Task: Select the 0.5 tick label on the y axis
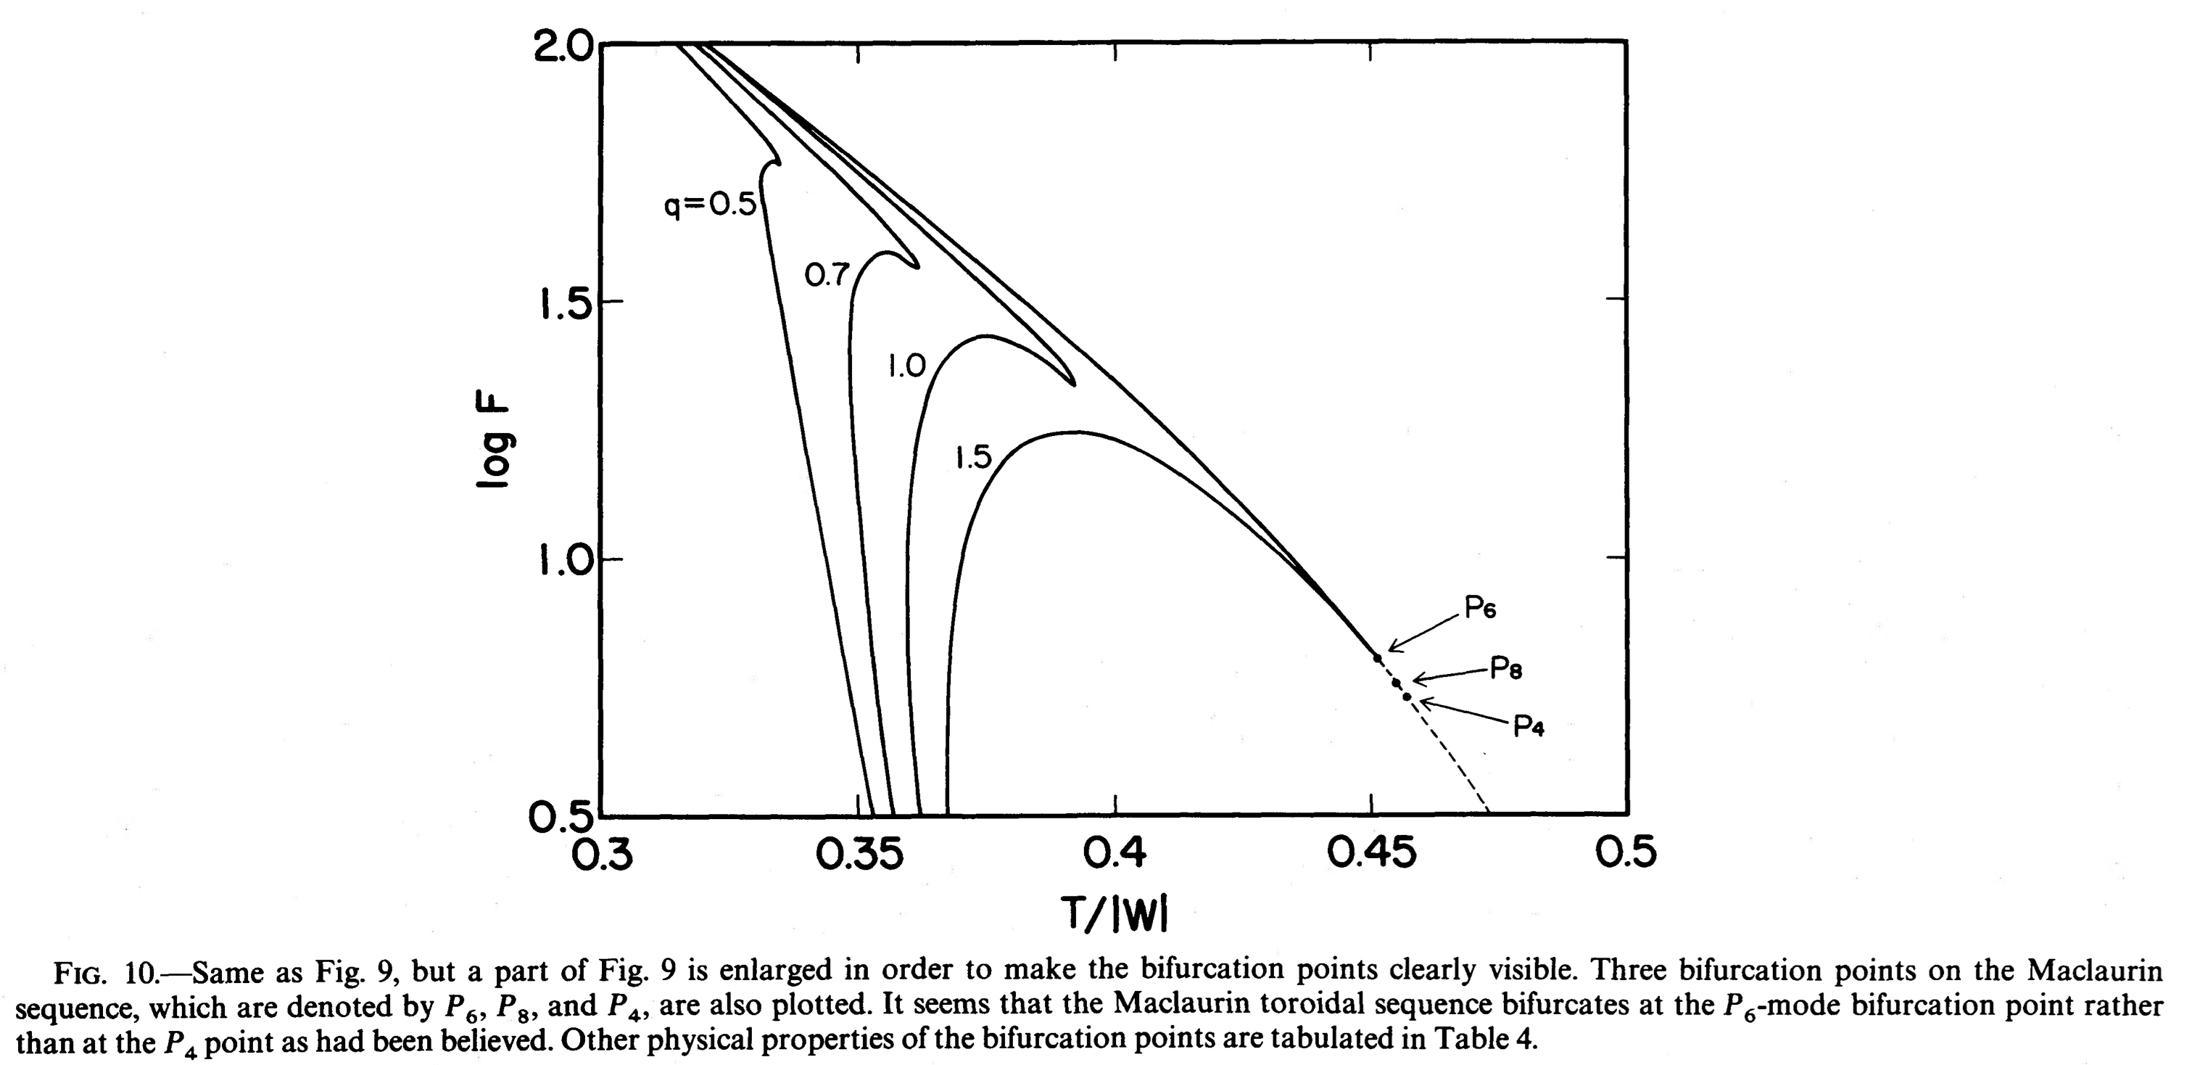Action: click(x=562, y=817)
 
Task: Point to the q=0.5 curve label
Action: click(x=710, y=205)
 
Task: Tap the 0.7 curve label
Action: click(x=826, y=275)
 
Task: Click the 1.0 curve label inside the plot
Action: click(x=906, y=366)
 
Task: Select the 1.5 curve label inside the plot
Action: click(x=973, y=458)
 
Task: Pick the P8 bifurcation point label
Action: click(x=1506, y=670)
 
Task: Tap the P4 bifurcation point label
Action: click(x=1528, y=727)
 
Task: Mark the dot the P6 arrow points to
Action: click(x=1377, y=658)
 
